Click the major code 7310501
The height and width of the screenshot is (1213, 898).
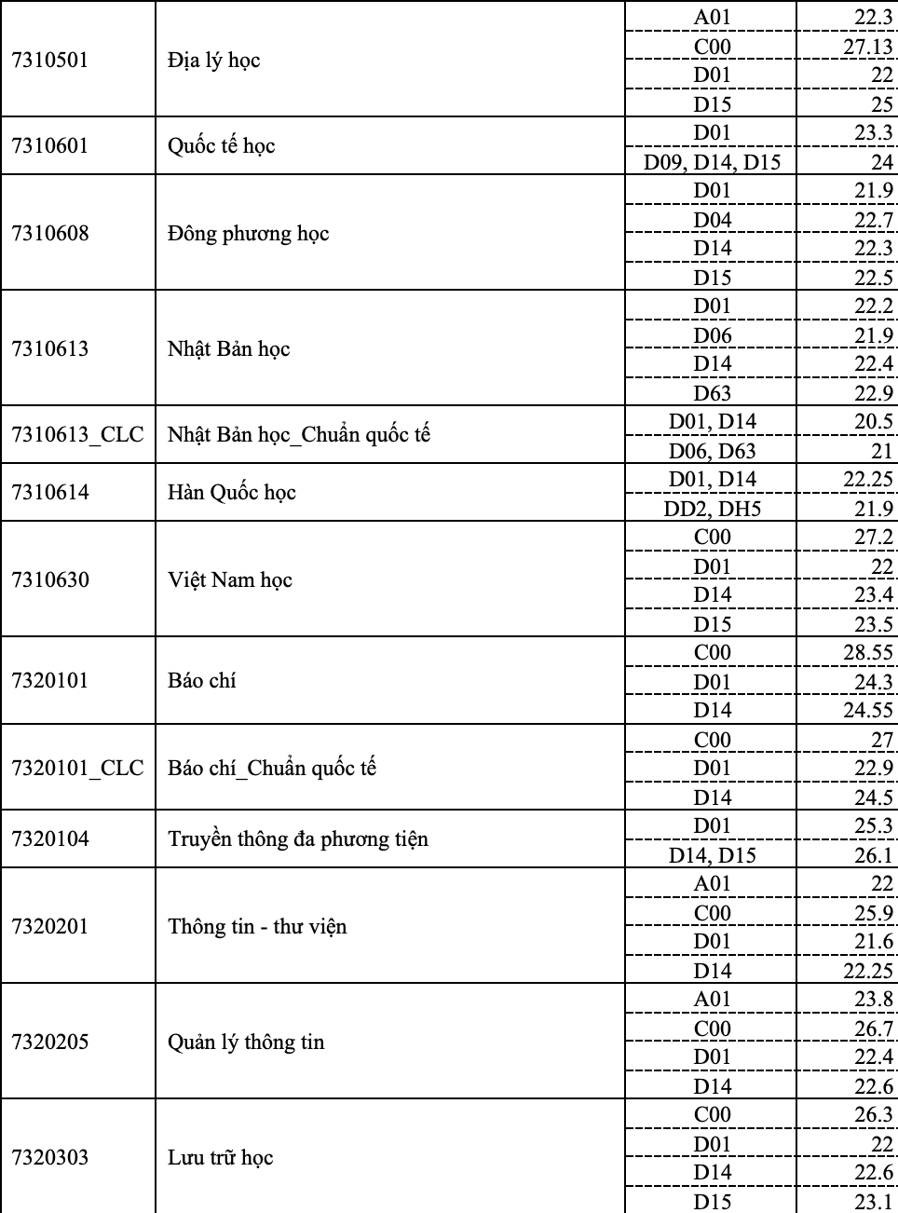49,61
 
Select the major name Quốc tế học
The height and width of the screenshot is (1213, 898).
221,146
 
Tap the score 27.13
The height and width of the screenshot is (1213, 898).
867,47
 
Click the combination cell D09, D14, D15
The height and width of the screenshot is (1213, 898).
712,162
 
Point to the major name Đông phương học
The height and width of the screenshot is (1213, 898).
248,234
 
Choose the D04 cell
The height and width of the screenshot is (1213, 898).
712,220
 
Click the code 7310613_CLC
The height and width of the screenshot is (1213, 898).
77,435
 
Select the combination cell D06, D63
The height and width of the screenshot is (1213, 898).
712,451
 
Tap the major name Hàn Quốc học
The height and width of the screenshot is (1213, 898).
231,493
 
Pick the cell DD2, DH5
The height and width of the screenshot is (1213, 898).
712,509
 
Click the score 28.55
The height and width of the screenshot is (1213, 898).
867,652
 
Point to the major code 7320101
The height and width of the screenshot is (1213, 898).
49,681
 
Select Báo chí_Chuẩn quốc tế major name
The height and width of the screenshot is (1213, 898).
272,769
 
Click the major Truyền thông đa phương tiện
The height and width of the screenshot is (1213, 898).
297,839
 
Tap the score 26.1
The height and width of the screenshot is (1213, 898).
873,855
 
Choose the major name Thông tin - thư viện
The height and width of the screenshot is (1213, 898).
257,927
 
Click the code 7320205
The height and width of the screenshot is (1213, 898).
49,1043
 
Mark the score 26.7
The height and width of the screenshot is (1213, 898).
873,1029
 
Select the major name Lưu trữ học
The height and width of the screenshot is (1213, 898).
220,1158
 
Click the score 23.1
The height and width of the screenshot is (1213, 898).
873,1202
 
